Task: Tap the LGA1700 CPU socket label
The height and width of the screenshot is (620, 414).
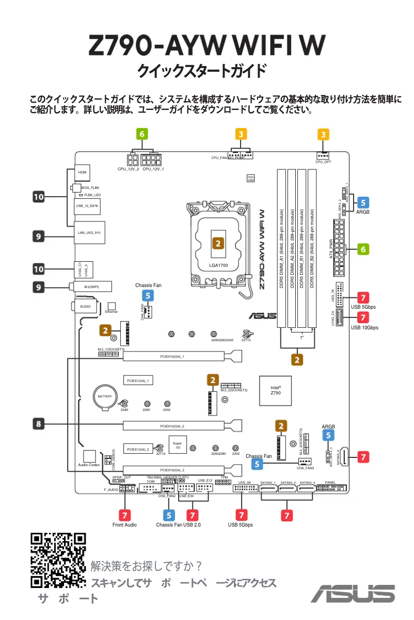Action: point(218,265)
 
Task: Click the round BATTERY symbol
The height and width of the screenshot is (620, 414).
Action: point(105,396)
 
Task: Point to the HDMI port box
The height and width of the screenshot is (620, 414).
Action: point(82,172)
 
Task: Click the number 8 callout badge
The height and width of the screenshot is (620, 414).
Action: point(39,424)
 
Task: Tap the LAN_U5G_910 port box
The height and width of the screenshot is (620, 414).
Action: point(89,232)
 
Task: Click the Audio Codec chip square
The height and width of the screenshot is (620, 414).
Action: point(90,456)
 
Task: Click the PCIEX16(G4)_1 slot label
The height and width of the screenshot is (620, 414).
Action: point(172,356)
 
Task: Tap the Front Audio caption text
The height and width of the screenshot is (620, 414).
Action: point(124,525)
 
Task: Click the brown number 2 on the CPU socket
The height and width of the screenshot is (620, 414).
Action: point(218,243)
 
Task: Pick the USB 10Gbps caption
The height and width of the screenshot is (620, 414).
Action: point(364,327)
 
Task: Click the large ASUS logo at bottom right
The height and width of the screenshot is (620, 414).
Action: point(353,593)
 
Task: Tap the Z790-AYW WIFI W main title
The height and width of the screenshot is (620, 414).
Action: point(207,46)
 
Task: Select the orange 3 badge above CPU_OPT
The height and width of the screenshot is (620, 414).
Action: point(323,135)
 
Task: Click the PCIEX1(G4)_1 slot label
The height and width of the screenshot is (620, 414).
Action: point(138,380)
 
